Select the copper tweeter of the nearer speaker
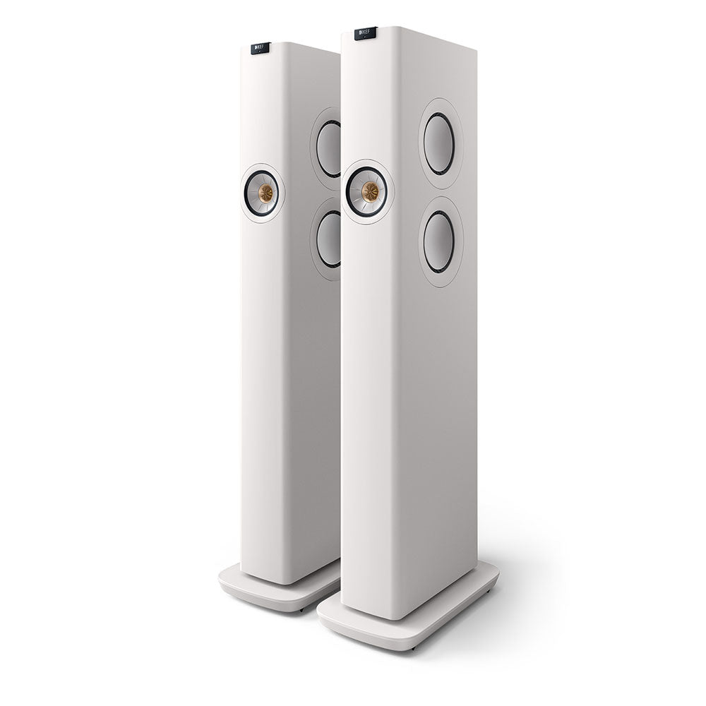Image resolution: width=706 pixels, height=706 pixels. click(369, 191)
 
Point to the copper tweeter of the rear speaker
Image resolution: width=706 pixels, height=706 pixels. click(265, 191)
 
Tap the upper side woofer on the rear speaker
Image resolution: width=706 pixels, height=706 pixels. click(329, 148)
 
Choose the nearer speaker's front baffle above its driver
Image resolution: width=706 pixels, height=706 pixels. click(367, 106)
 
